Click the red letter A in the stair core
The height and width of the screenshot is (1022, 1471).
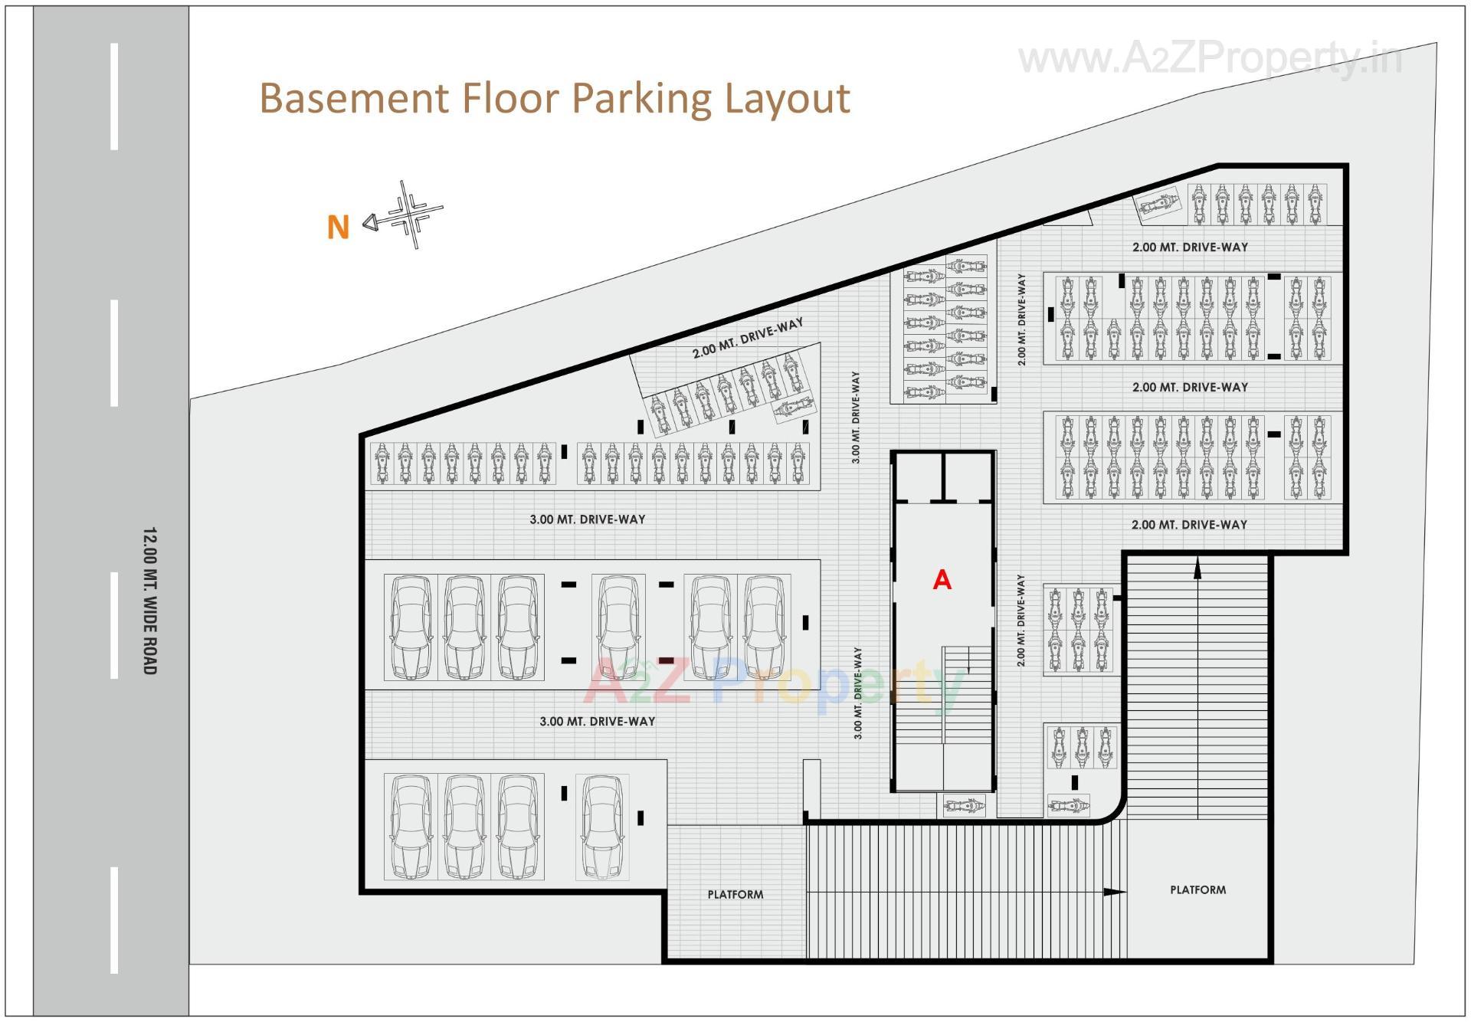point(942,580)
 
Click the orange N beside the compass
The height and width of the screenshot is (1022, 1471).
point(338,227)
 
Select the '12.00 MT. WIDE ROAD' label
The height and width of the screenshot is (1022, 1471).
point(149,601)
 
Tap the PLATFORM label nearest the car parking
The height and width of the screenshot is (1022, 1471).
point(735,894)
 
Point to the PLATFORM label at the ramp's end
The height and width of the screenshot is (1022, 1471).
point(1197,889)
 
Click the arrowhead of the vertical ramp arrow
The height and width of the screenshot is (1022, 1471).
point(1197,568)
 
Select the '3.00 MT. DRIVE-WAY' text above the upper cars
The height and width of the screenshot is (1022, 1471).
point(588,519)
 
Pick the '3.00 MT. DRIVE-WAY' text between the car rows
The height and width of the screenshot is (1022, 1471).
point(598,721)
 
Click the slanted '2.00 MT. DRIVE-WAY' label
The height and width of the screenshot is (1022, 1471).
point(748,338)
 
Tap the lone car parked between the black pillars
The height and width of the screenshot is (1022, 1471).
point(618,627)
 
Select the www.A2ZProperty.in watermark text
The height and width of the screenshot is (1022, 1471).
point(1211,58)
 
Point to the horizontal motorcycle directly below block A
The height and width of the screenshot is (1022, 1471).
point(964,806)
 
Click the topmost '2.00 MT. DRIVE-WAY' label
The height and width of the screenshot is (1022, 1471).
point(1190,247)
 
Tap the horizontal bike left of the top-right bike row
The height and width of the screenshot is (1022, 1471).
point(1158,206)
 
